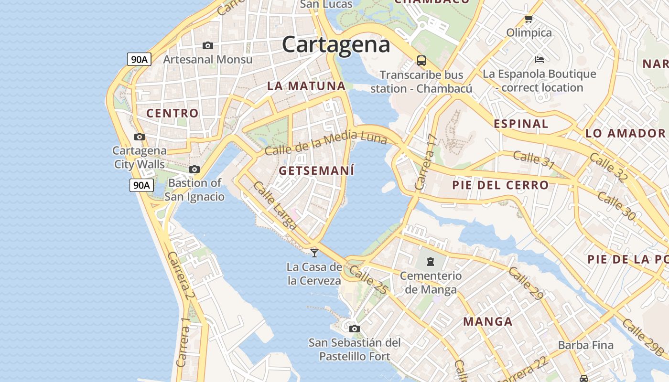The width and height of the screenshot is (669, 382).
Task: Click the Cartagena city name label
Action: click(336, 45)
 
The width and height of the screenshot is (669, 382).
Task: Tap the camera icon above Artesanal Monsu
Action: click(207, 46)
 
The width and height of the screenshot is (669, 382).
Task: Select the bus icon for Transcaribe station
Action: click(421, 61)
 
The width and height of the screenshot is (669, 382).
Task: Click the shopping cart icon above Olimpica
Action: click(529, 20)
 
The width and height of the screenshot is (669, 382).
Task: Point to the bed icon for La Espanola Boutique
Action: click(540, 60)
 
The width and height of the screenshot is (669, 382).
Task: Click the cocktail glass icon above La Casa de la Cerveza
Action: click(314, 253)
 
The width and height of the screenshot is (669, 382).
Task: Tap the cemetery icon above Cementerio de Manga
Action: click(431, 262)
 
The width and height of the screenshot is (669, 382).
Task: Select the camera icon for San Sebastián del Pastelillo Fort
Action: click(354, 329)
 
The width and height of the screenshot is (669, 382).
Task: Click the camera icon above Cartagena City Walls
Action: click(140, 137)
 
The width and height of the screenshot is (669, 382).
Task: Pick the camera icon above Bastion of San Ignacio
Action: click(194, 170)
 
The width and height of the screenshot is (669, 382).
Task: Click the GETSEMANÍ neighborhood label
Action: click(316, 170)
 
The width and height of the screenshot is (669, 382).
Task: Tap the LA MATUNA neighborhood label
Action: click(306, 86)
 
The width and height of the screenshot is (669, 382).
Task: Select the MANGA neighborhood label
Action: click(488, 321)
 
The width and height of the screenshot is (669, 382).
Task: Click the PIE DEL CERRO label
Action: click(500, 185)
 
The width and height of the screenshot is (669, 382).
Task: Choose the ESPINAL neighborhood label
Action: click(521, 124)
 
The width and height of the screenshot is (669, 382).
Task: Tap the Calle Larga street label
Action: click(275, 205)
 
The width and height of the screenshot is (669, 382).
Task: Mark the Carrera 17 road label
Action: click(426, 162)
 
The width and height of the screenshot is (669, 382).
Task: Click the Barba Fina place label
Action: click(585, 345)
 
